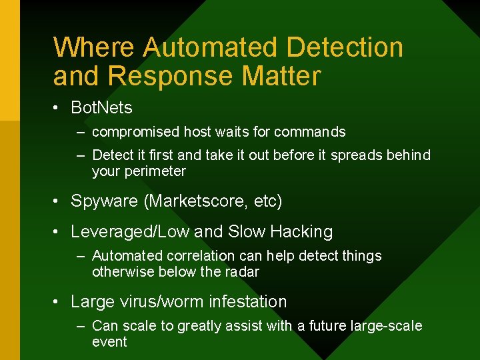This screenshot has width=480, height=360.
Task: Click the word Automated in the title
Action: tap(211, 48)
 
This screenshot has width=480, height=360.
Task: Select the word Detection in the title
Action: tap(345, 48)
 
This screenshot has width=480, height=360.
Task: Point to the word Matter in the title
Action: tap(281, 76)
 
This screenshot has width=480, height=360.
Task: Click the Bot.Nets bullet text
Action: tap(101, 107)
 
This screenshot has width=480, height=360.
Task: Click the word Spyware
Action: tap(101, 201)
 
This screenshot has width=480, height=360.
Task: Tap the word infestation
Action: tap(247, 302)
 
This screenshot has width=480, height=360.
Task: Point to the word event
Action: tap(109, 342)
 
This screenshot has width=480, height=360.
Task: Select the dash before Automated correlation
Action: tap(80, 256)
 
